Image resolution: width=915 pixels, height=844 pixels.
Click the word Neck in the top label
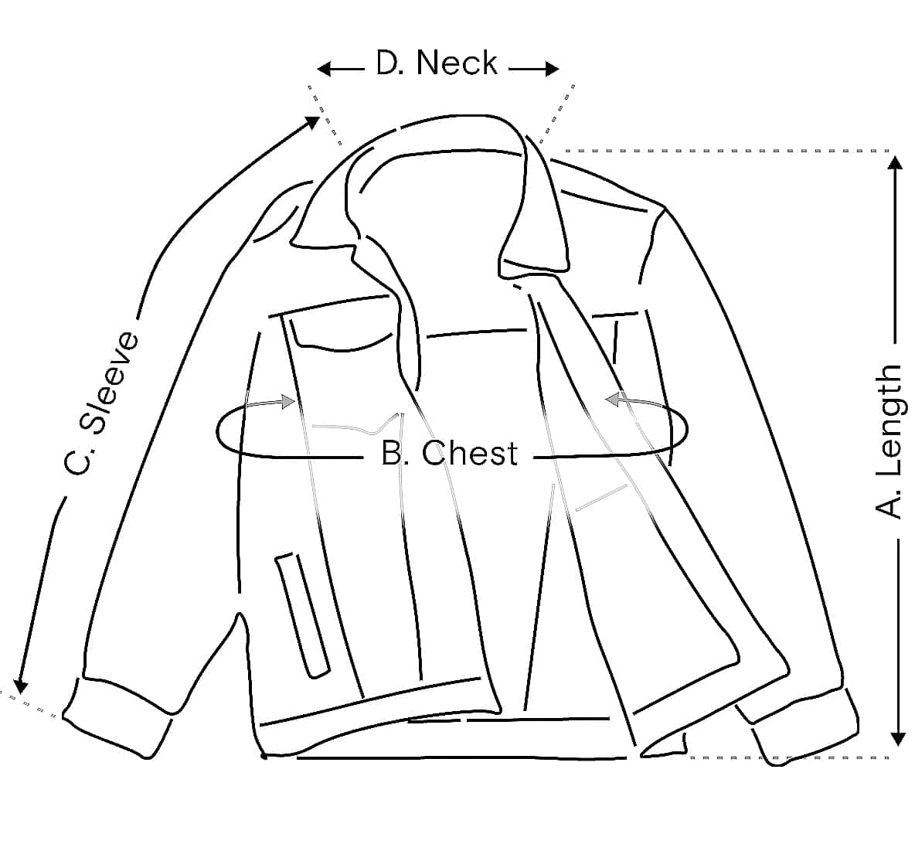point(457,63)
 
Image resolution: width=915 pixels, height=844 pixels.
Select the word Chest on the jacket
point(469,454)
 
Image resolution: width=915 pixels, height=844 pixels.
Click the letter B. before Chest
point(396,454)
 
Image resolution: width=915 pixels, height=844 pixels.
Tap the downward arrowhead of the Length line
point(896,738)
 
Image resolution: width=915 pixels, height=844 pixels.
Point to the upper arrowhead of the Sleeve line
point(313,122)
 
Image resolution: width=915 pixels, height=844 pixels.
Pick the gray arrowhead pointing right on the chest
point(290,401)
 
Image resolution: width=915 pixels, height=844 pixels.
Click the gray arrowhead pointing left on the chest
point(612,399)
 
